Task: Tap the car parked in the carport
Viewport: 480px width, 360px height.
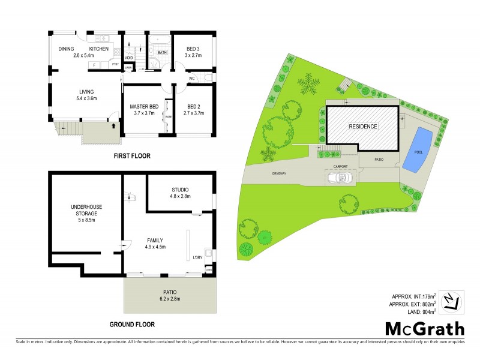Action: click(340, 177)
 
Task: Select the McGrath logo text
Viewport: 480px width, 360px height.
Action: click(424, 329)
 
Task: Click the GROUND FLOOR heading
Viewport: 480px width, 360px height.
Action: click(131, 325)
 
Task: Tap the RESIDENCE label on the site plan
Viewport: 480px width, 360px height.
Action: click(364, 127)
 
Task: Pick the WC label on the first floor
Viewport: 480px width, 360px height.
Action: click(192, 79)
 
